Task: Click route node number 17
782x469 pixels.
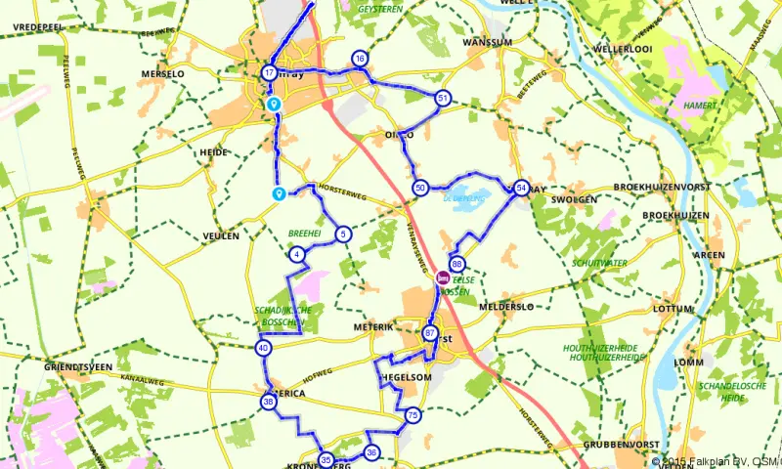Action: point(269,72)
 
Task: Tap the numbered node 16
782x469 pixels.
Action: point(360,60)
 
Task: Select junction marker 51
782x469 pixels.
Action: point(443,99)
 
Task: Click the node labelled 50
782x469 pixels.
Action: point(420,188)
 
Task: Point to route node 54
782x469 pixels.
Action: point(521,188)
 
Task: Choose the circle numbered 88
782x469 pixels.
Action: point(456,265)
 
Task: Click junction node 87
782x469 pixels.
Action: point(430,333)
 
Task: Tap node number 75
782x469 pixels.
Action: point(413,415)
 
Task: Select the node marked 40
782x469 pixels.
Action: point(263,348)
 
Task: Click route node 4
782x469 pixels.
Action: point(296,255)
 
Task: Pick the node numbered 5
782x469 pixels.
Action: point(343,234)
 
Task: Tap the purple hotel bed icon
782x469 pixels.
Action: point(442,277)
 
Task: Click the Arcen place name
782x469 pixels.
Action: point(680,255)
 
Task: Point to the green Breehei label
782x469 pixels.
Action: point(305,234)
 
